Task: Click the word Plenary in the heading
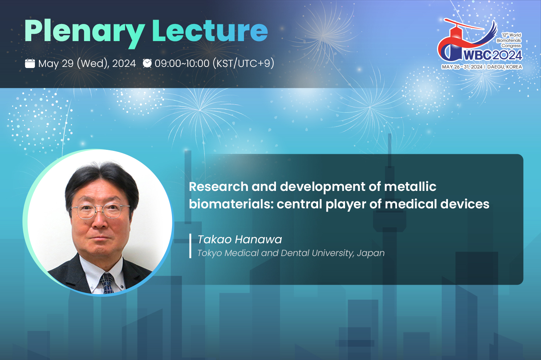84,33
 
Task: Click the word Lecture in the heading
210,31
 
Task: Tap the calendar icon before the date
30,63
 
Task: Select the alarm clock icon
147,63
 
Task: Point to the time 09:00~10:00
182,64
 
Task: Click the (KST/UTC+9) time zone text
244,64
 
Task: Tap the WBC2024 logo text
493,55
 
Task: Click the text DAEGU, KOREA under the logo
505,67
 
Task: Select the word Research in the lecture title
219,187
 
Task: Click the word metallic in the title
410,187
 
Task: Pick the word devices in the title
465,204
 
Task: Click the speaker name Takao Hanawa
240,239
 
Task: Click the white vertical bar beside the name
190,246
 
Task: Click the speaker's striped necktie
107,283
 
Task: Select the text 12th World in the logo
511,35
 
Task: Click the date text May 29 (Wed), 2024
87,64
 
